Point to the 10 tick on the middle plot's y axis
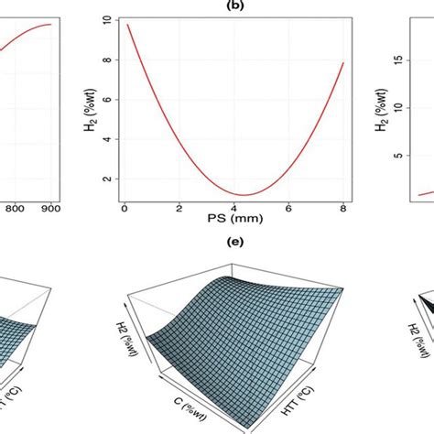[x=107, y=19]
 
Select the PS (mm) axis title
[x=233, y=221]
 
